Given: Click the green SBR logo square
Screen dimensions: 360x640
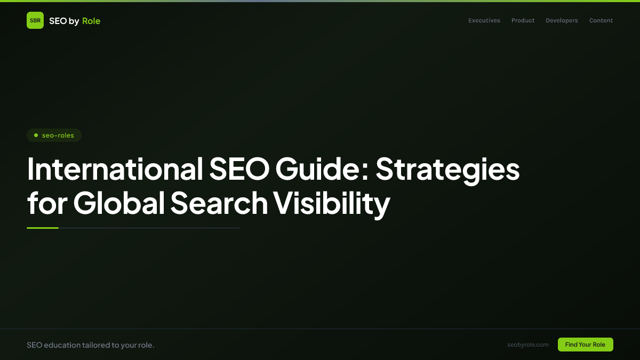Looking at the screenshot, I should [x=35, y=20].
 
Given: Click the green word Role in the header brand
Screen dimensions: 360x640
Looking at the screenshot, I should [x=91, y=21].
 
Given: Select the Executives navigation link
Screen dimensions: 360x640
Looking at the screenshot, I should [x=484, y=20].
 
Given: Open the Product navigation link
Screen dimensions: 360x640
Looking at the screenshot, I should [x=523, y=20].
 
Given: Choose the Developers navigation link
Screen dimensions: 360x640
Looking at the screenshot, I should [x=562, y=20].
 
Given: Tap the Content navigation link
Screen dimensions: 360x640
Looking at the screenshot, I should [x=601, y=20].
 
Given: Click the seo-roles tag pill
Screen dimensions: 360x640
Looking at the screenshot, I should [x=54, y=135].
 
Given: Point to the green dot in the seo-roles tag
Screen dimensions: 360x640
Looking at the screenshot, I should [x=36, y=135].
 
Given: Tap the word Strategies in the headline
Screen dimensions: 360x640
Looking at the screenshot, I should [x=447, y=169].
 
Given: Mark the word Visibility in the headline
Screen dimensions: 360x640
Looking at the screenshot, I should [x=332, y=203].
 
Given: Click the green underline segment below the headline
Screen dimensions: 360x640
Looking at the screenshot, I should [x=43, y=228].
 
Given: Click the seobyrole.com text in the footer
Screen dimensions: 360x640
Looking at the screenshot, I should [x=528, y=345].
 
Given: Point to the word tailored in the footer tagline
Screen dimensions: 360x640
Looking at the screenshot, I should [x=96, y=345].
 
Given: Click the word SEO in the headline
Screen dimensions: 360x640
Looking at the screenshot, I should [x=239, y=169].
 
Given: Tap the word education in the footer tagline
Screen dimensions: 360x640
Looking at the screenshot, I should [x=61, y=345].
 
